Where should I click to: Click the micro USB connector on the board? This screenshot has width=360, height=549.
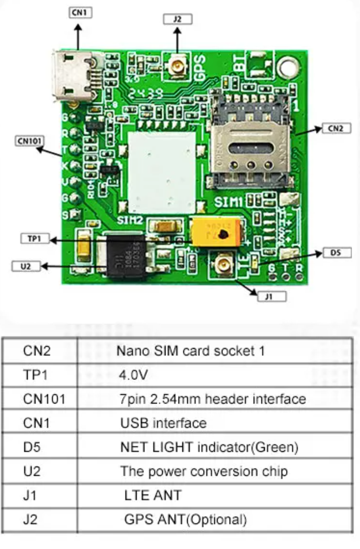[x=73, y=74]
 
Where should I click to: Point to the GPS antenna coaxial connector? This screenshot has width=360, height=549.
[x=177, y=67]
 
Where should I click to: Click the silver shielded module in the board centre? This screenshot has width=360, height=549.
[x=161, y=167]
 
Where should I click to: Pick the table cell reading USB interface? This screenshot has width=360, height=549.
[x=163, y=423]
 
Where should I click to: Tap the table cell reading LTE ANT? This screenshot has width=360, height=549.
[x=152, y=495]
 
